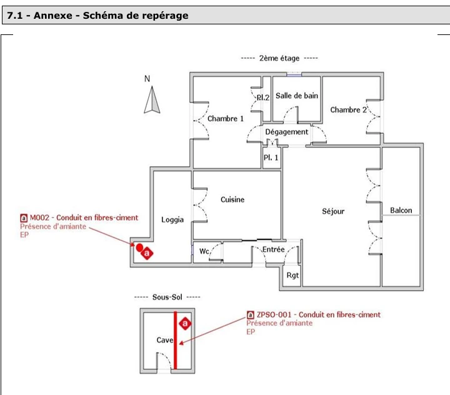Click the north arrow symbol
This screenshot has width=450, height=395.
coord(152,100)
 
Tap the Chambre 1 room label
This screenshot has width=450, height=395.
coord(225,119)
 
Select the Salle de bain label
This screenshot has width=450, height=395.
coord(297,96)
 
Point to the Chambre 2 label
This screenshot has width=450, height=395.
coord(348,109)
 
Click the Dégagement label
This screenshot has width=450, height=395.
coord(286,132)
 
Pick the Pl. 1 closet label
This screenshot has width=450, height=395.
coord(271,157)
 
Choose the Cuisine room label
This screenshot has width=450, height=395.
coord(232,199)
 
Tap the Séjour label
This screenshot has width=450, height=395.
coord(333,212)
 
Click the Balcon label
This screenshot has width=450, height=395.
coord(401,211)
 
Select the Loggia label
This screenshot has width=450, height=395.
coord(172,220)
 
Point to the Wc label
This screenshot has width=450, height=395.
coord(204,251)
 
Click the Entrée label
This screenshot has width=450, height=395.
coord(273,249)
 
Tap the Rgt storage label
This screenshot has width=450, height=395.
coord(292,276)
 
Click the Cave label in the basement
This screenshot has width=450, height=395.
coord(165,340)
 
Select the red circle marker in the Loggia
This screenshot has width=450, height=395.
coord(139,247)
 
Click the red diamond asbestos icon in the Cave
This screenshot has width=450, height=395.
coord(185,324)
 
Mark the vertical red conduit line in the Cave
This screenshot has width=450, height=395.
coord(176,340)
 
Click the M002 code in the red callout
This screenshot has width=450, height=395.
coord(39,217)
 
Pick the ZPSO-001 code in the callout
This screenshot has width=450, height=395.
coord(274,314)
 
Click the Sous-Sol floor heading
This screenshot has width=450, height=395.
coord(167,297)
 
